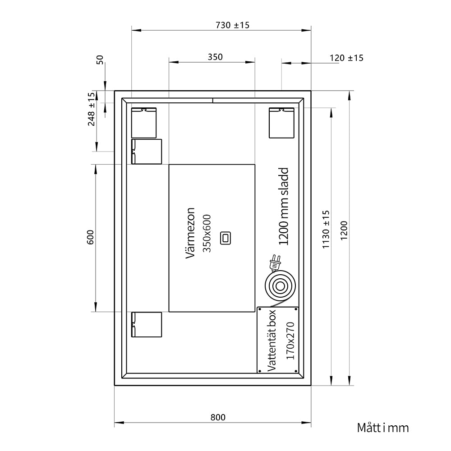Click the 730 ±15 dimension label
tap(232, 25)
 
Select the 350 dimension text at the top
tap(215, 57)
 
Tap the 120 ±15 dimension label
tap(346, 58)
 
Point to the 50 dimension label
tap(100, 60)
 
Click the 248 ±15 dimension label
tap(91, 109)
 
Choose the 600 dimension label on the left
tap(90, 237)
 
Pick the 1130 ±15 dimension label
tap(326, 229)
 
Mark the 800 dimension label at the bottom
tap(218, 417)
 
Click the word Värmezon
tap(190, 233)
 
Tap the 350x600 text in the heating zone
tap(207, 233)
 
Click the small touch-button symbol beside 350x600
tap(225, 238)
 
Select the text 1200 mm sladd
tap(284, 206)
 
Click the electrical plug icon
tap(275, 262)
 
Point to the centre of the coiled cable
tap(280, 286)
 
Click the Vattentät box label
tap(272, 340)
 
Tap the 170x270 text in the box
tap(290, 341)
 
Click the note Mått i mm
tap(383, 428)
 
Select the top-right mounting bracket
tap(281, 123)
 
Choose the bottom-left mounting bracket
tap(147, 324)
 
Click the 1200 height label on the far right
tap(344, 230)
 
